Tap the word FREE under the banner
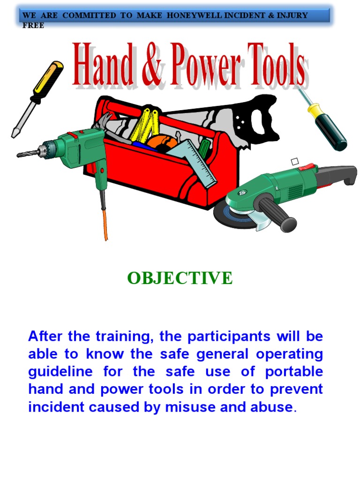33,26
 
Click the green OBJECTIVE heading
180,278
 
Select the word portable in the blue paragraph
294,372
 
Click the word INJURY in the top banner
293,15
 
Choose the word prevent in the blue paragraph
294,389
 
